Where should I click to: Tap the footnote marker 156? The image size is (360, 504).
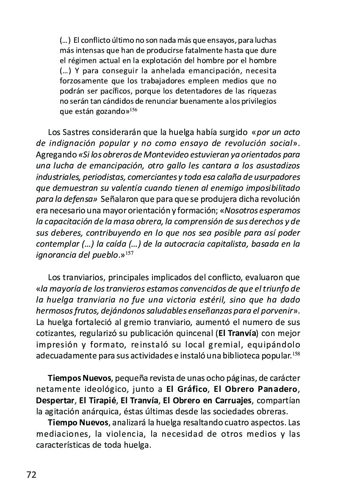(x=134, y=110)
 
